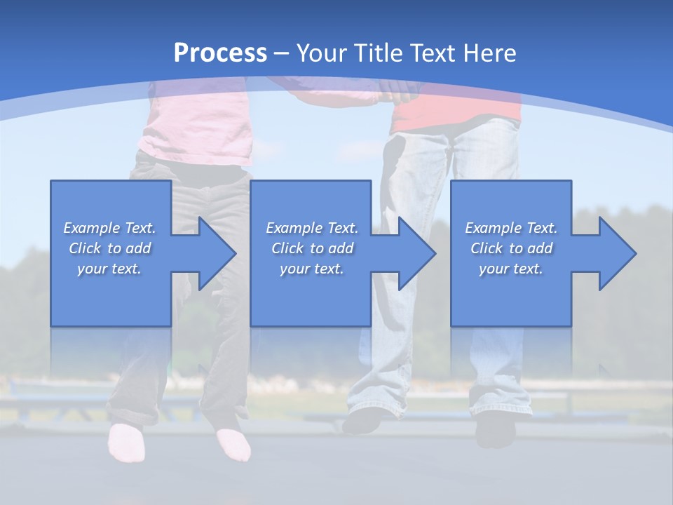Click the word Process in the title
220,53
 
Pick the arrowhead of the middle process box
416,253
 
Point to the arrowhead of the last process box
616,253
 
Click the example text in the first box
109,248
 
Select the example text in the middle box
311,248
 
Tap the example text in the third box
510,248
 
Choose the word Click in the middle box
287,248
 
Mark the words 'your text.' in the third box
510,269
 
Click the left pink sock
127,442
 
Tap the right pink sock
233,445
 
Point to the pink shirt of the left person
196,126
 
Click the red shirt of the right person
456,112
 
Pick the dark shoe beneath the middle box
365,421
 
